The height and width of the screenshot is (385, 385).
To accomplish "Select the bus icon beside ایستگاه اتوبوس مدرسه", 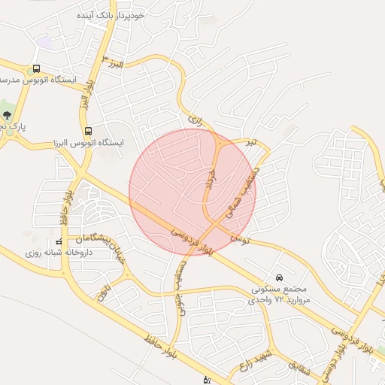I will click(x=37, y=68).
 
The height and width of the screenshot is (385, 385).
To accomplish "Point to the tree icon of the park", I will click(x=7, y=115).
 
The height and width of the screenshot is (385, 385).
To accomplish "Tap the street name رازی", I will click(x=196, y=119).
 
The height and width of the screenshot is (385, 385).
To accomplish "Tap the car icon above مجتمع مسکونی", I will click(x=280, y=277).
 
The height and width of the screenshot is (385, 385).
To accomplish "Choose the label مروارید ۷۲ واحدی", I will click(x=280, y=299).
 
